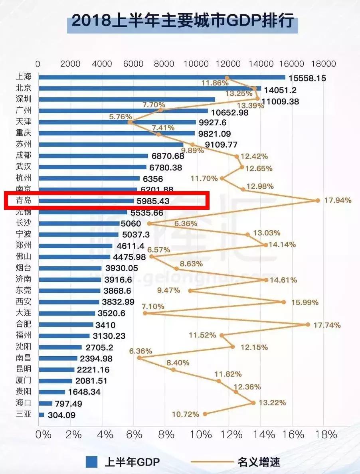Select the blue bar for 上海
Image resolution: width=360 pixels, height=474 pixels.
coord(162,77)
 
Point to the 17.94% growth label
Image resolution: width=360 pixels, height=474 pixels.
coord(338,200)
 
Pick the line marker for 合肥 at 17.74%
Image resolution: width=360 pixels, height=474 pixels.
coord(308,324)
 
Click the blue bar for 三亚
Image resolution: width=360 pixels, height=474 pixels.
coord(41,415)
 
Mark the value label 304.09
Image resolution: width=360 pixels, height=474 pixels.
coord(61,415)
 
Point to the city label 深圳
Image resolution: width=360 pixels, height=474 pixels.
coord(23,99)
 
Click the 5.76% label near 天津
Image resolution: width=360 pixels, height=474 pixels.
coord(117,117)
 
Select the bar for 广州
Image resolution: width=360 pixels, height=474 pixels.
coord(123,111)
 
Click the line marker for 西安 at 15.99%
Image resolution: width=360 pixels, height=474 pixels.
coord(284,302)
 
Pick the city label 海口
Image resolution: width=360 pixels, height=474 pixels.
coord(23,403)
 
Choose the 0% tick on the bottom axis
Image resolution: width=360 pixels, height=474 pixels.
coord(43,434)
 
